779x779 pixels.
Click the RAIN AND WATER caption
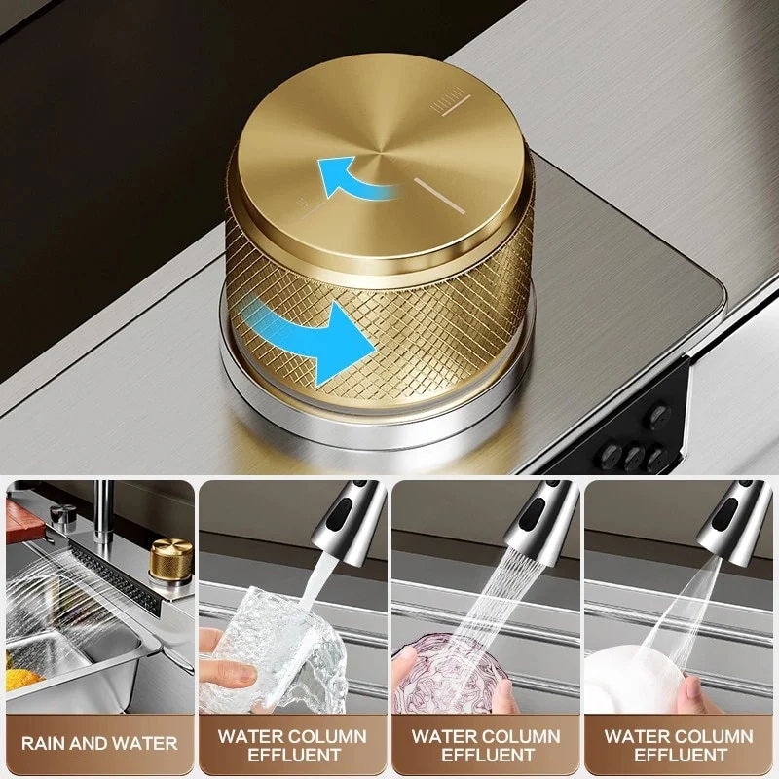pyautogui.click(x=99, y=743)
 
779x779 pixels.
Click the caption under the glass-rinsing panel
pyautogui.click(x=293, y=745)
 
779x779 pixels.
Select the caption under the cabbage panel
pyautogui.click(x=486, y=745)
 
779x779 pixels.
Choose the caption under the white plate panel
pyautogui.click(x=679, y=745)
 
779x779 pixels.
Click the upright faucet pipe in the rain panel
pyautogui.click(x=103, y=512)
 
